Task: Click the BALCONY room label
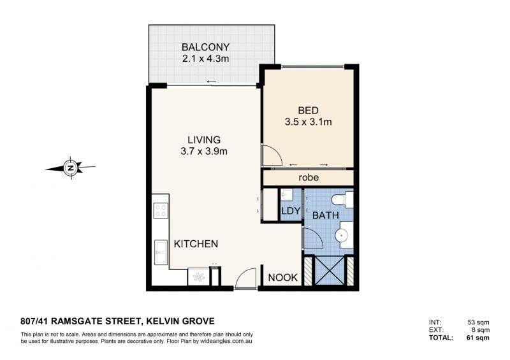(x=205, y=47)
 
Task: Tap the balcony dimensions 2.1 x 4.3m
(x=205, y=59)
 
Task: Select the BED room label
(x=308, y=111)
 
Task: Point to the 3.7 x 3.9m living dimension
(x=204, y=151)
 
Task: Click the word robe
(x=309, y=178)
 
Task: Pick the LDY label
(x=291, y=211)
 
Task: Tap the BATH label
(x=326, y=215)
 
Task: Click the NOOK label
(x=283, y=278)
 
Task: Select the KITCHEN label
(x=196, y=244)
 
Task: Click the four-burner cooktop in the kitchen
(x=161, y=210)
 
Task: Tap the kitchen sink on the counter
(x=161, y=252)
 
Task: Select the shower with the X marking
(x=330, y=271)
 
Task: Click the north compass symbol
(x=71, y=168)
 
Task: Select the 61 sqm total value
(x=477, y=338)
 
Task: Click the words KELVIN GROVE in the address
(x=180, y=321)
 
